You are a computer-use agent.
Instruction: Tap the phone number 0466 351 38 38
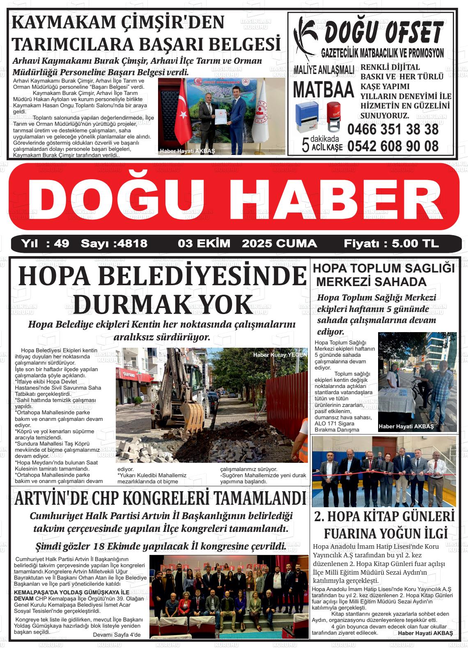click(392, 129)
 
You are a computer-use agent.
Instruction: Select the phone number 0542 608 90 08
click(392, 146)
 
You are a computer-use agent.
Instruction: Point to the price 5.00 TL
click(415, 244)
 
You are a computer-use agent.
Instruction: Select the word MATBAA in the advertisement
click(324, 90)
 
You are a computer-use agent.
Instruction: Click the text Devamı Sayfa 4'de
click(117, 635)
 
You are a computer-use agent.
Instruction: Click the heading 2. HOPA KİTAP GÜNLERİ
click(384, 516)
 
